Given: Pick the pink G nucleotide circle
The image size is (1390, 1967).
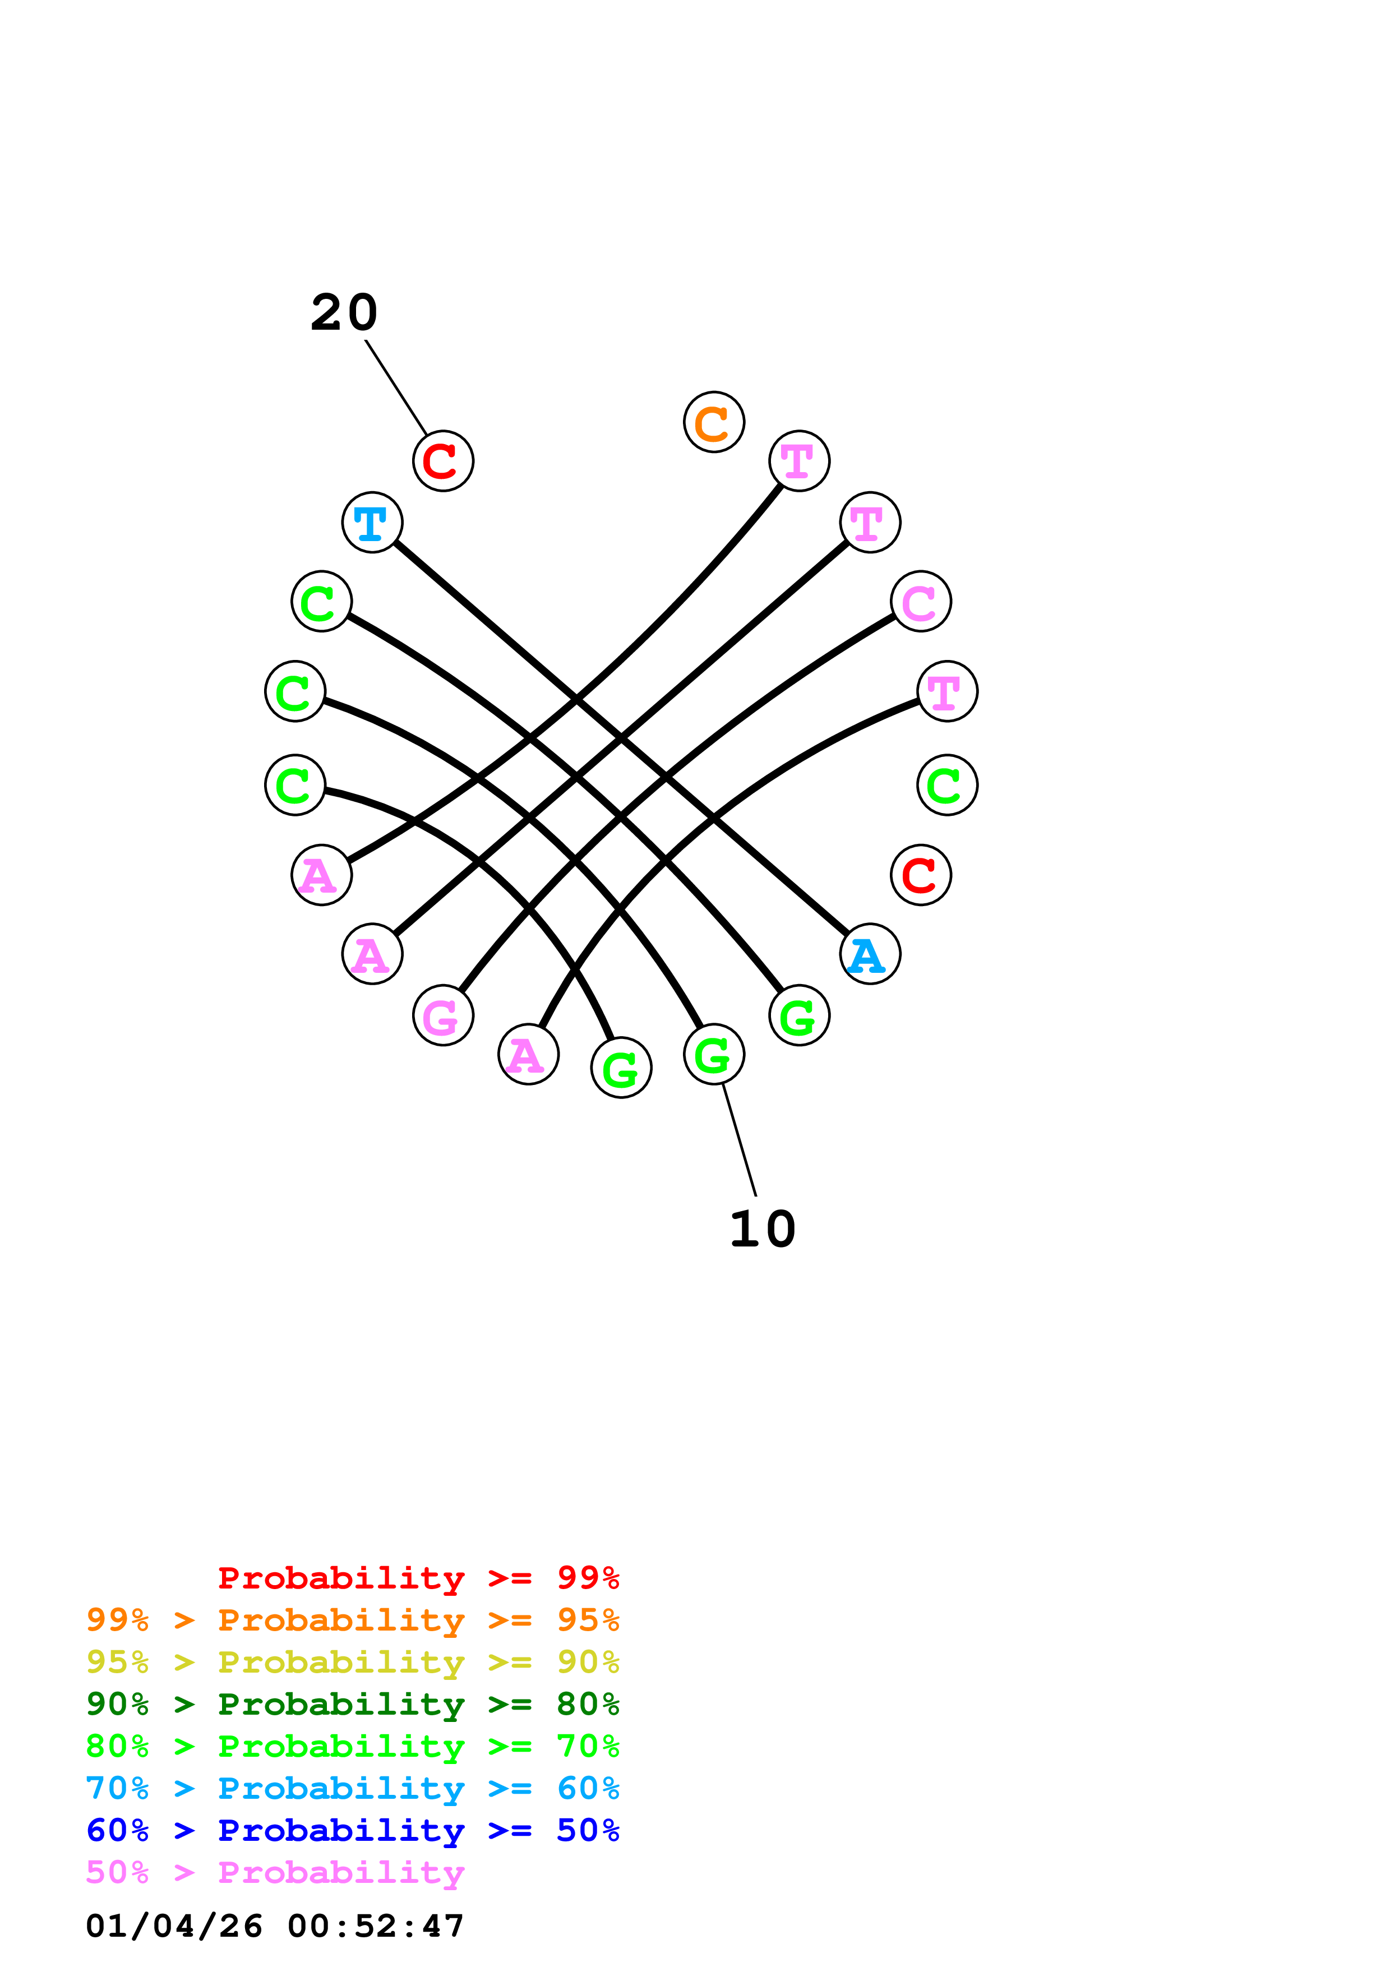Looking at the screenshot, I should (443, 1015).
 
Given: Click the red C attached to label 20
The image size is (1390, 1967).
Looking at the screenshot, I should (443, 461).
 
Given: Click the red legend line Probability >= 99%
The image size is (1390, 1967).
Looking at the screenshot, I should (418, 1578).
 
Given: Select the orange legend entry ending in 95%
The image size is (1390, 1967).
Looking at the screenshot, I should (352, 1620).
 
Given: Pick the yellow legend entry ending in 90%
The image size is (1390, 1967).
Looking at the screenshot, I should (352, 1662).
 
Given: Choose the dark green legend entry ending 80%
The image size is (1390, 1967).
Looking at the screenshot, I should (352, 1704).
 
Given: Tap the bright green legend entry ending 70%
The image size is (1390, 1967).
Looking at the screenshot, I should (352, 1746).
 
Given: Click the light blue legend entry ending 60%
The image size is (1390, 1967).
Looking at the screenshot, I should (352, 1788).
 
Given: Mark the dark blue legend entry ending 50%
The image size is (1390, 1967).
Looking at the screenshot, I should (352, 1830).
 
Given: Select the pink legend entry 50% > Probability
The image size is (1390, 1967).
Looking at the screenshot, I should (275, 1872).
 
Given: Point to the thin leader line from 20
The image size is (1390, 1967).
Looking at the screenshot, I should (396, 387).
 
